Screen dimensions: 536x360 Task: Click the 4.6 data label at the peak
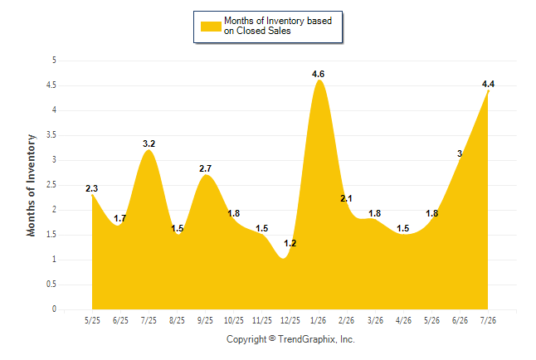coord(318,74)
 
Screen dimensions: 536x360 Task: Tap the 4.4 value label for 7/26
coord(488,84)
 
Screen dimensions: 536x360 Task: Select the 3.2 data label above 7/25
coord(149,144)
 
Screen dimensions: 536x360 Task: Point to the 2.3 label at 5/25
coord(91,188)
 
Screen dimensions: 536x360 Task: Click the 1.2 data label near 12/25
coord(290,243)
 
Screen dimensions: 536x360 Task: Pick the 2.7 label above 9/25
coord(205,168)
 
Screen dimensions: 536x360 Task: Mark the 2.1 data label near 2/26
coord(346,198)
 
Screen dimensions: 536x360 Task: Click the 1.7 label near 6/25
coord(120,218)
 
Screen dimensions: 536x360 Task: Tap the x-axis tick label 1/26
coord(318,320)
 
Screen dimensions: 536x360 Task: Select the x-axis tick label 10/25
coord(233,320)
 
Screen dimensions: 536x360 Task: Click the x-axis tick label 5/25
coord(92,320)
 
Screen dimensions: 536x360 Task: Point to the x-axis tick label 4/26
coord(403,320)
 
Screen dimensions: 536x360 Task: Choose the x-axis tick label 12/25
coord(290,320)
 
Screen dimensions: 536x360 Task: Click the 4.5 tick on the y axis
coord(51,85)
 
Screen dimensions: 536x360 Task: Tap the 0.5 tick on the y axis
coord(51,285)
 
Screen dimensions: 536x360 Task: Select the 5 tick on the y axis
coord(54,61)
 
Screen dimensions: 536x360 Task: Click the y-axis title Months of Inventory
coord(31,185)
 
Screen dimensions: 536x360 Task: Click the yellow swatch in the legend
coord(211,27)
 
